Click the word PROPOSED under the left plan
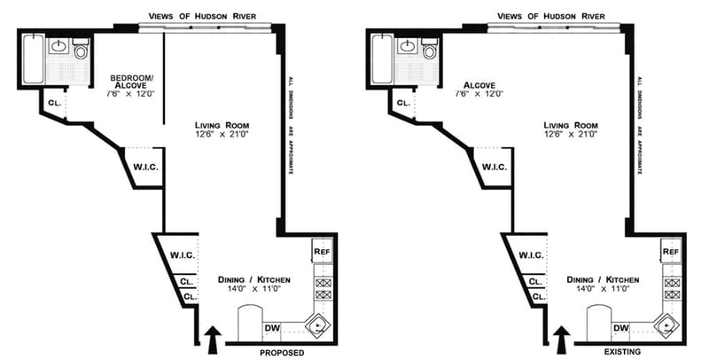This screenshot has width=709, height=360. coord(282,353)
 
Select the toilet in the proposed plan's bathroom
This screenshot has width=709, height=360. coord(81,50)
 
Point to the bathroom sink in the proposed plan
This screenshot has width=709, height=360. coord(58,46)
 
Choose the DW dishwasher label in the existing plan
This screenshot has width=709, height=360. coord(622,327)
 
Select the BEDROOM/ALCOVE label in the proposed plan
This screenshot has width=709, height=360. coord(132,82)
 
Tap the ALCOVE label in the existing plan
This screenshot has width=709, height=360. coord(479,85)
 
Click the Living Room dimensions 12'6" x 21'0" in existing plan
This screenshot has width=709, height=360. coord(571,134)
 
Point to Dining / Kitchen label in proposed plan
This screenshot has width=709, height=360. coord(254,280)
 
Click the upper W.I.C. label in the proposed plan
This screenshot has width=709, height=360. coord(145,167)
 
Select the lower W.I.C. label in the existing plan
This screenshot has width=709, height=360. coord(531,255)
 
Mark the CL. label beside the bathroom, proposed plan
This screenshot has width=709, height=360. coord(55,103)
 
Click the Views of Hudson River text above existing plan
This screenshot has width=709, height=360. coord(551,16)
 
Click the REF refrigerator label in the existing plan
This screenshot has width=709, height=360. coord(672,251)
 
